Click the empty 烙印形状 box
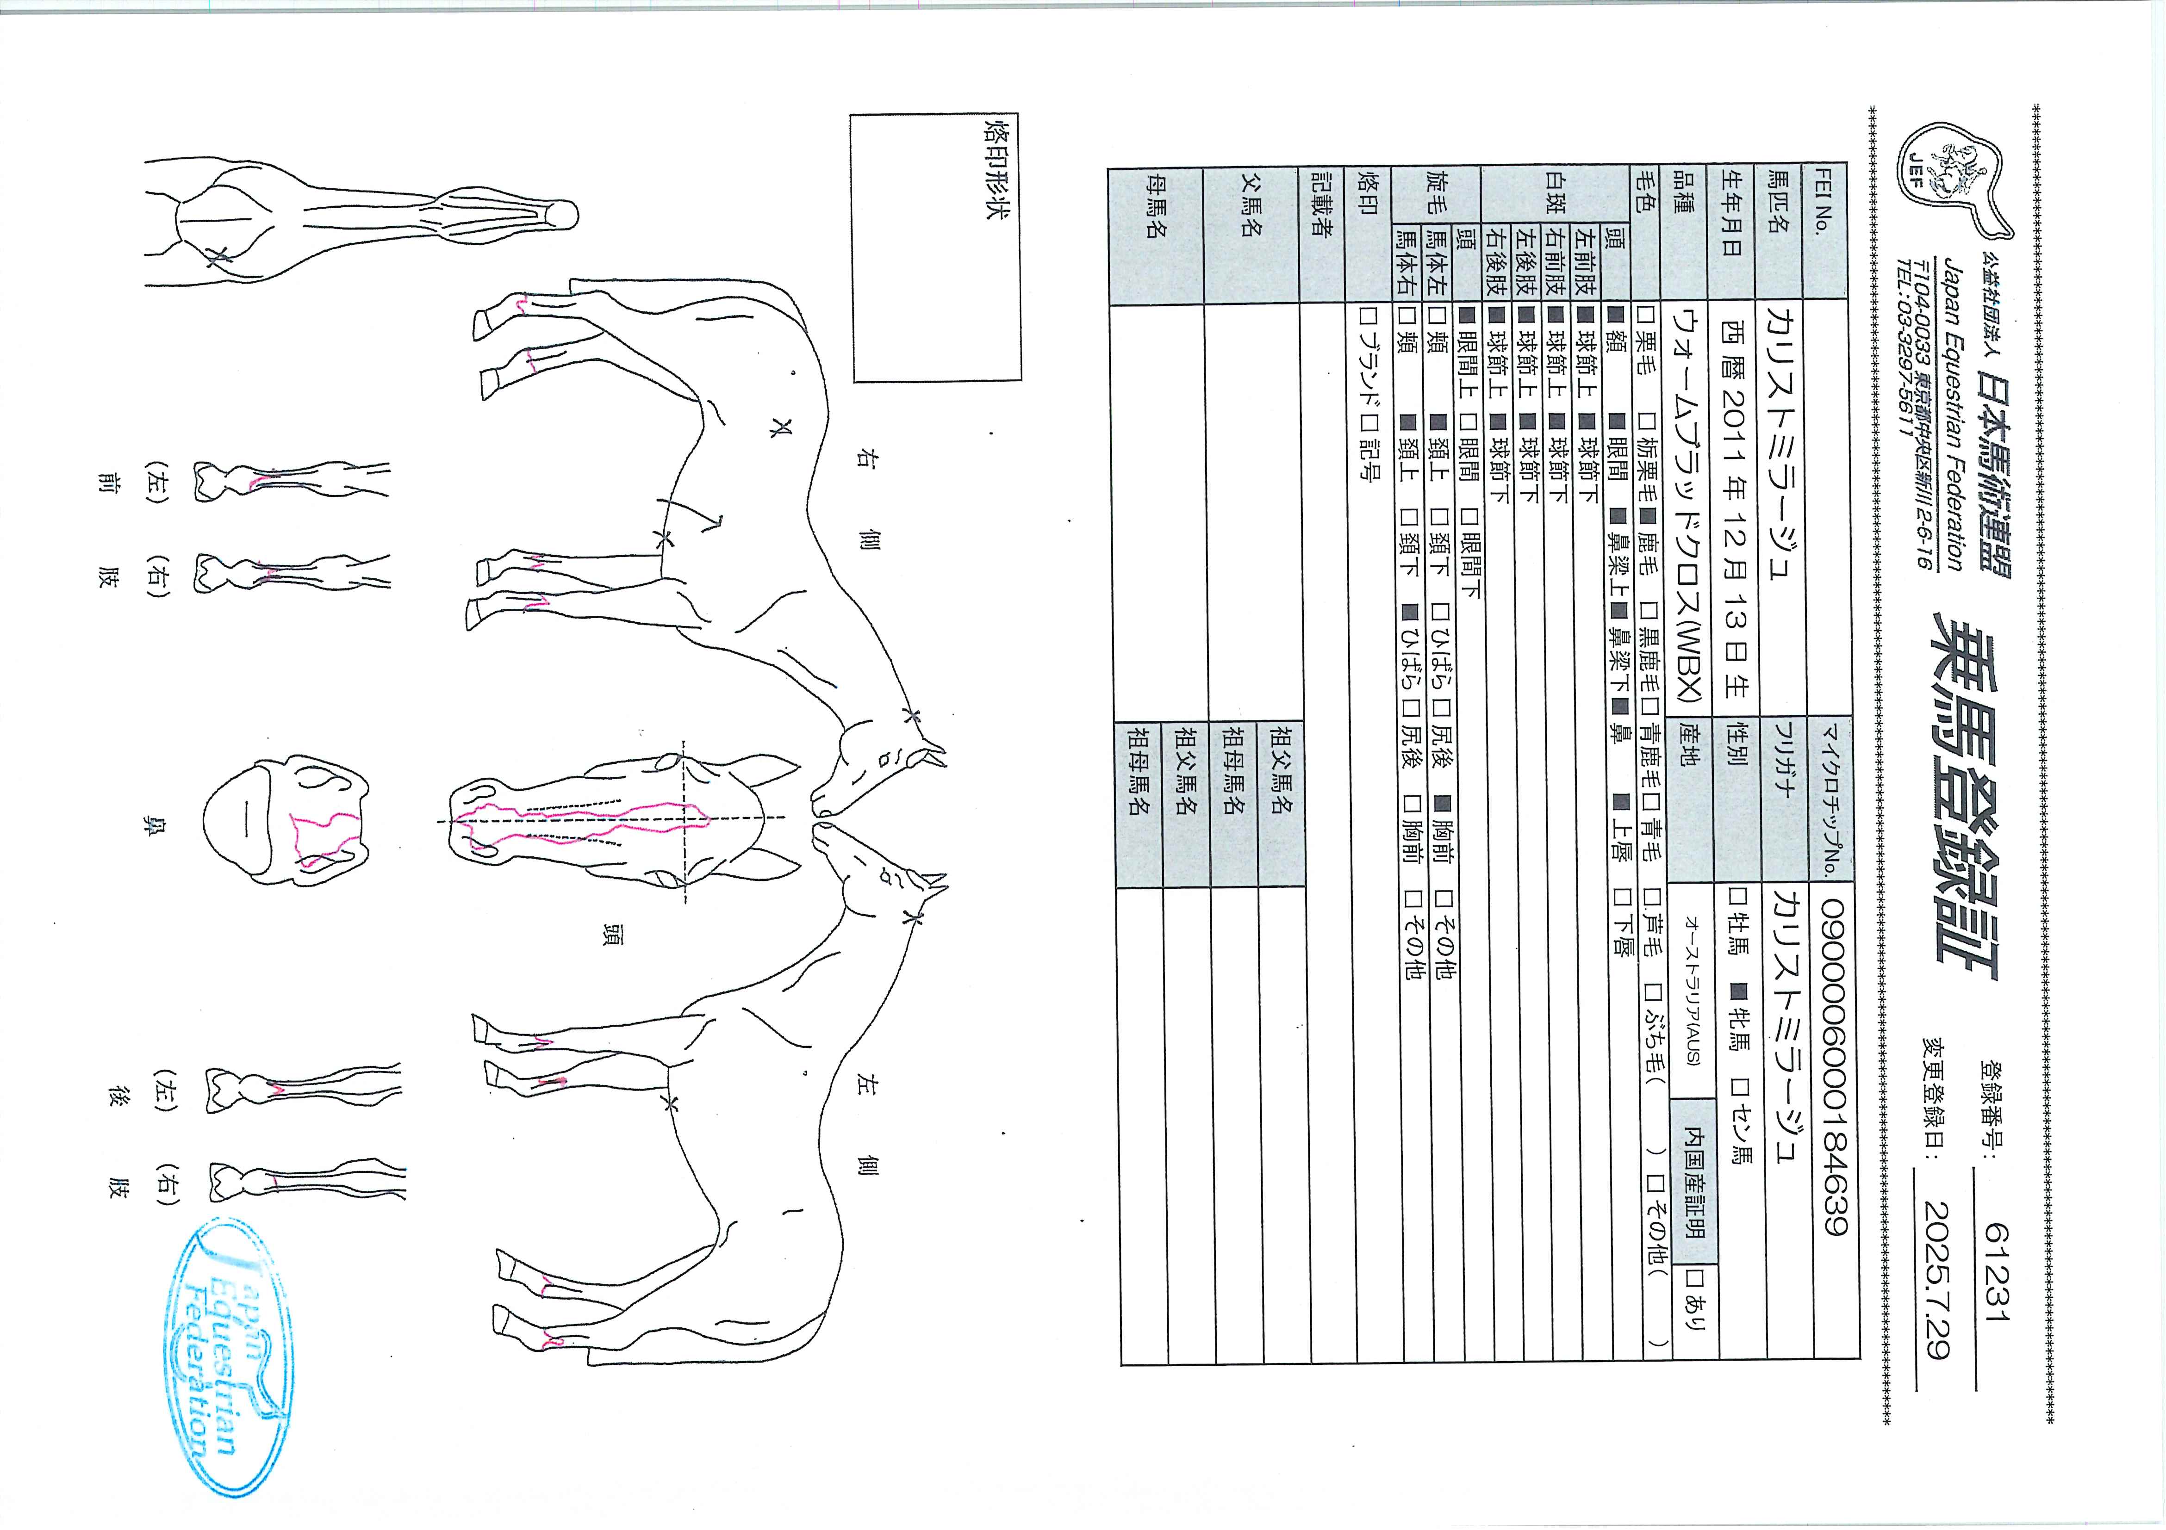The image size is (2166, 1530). pyautogui.click(x=936, y=247)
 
